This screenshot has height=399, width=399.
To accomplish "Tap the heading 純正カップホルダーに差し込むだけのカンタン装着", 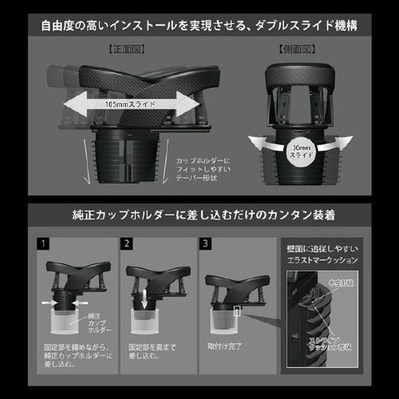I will click(x=199, y=215).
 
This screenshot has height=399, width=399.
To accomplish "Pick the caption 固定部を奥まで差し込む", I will click(x=152, y=354).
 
